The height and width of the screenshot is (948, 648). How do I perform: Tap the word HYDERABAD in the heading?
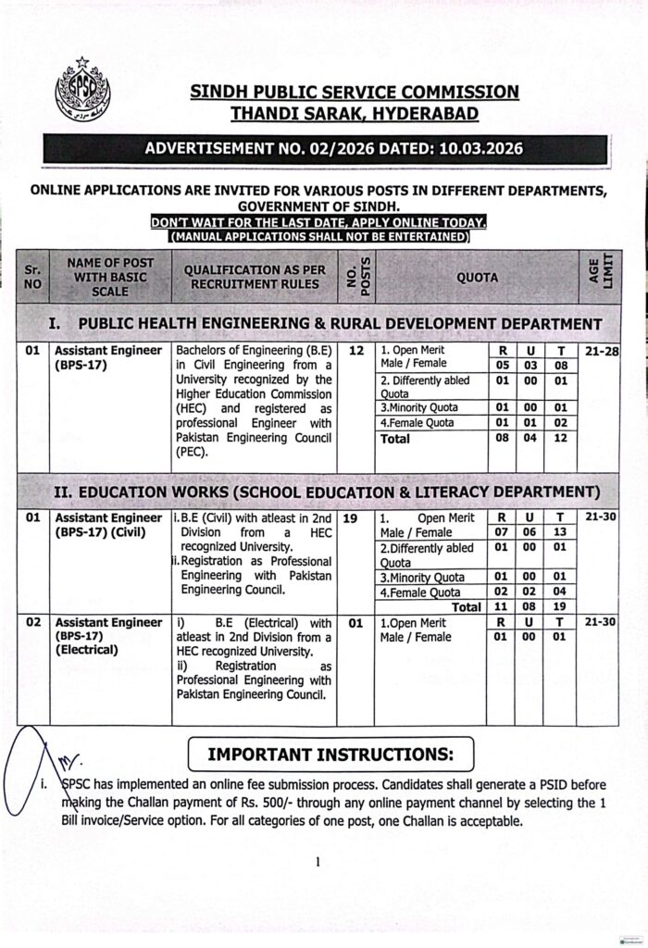422,114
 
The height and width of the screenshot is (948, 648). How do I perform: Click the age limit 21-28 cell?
601,351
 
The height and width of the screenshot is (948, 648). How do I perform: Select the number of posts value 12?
356,351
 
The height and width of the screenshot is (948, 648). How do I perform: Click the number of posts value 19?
356,518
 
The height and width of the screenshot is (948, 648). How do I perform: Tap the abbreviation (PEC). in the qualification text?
195,453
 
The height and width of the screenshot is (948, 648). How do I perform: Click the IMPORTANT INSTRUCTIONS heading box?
330,754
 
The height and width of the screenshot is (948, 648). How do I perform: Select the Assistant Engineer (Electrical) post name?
107,636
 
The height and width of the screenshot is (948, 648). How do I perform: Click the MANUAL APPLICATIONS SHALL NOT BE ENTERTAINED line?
318,237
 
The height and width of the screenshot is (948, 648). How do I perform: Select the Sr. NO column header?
33,277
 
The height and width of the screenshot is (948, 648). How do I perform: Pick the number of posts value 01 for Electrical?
356,623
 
